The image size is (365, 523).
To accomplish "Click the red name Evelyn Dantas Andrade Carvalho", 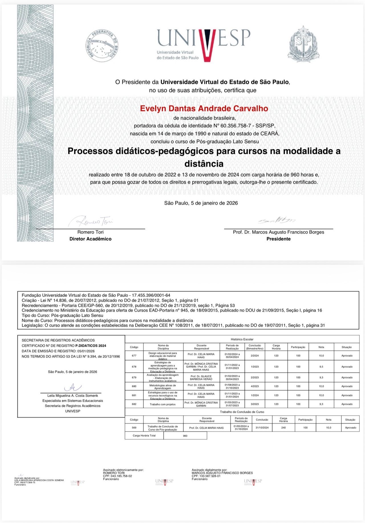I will click(x=204, y=109).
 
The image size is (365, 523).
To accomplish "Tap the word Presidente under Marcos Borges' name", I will click(x=278, y=239).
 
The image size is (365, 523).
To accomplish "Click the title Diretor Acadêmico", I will click(x=90, y=239).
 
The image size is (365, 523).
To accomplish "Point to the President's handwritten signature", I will click(x=277, y=220).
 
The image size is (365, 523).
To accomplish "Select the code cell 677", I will click(x=134, y=356).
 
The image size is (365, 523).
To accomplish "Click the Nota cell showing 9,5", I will click(x=321, y=367).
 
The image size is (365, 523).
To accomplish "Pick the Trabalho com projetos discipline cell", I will click(x=163, y=404).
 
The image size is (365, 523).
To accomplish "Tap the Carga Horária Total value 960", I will click(x=185, y=436).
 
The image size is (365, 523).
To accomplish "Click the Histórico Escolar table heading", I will click(x=242, y=339).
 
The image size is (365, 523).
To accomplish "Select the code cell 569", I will click(x=134, y=428).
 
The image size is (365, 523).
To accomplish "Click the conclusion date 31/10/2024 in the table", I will click(x=262, y=428).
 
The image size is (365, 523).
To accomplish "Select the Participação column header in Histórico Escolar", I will click(x=298, y=347).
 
